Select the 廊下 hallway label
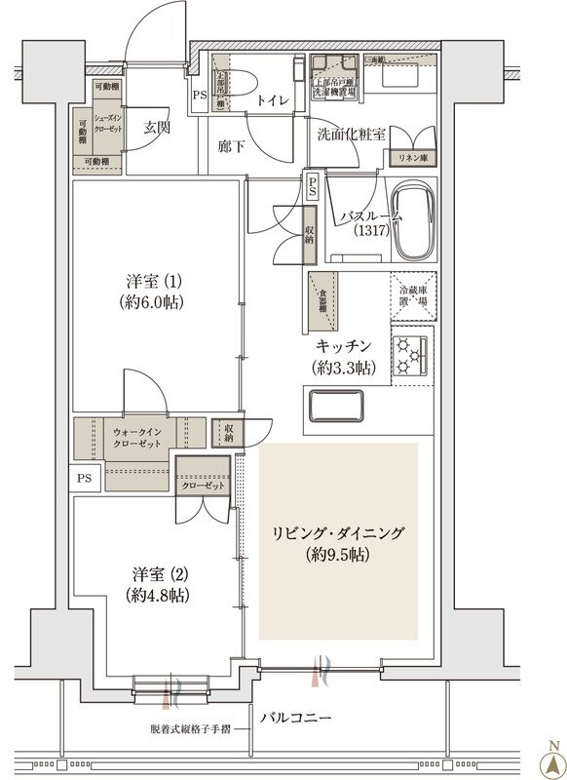tap(230, 147)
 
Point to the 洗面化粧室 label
tap(352, 134)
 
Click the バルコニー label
tap(296, 717)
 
